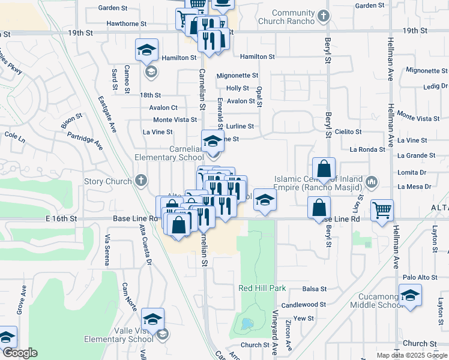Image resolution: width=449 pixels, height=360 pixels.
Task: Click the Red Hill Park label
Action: (262, 289)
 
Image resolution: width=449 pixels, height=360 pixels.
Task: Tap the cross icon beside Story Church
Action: (141, 180)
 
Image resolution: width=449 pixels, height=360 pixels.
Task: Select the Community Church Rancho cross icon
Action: (324, 16)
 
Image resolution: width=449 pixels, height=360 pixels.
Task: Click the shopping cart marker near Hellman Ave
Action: (382, 211)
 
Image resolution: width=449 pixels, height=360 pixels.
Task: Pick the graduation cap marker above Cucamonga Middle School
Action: (410, 296)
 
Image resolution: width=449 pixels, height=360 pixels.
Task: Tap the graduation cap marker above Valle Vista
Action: (152, 319)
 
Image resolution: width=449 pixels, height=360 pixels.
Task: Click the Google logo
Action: (19, 353)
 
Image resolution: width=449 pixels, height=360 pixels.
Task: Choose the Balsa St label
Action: (314, 289)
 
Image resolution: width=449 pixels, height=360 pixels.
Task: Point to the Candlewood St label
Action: (307, 305)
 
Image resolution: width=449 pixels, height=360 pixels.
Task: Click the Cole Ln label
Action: (14, 137)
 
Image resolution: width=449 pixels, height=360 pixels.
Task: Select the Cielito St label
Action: (349, 131)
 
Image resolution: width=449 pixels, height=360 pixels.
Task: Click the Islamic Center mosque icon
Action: (372, 181)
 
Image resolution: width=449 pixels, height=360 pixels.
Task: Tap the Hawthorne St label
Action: (126, 24)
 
